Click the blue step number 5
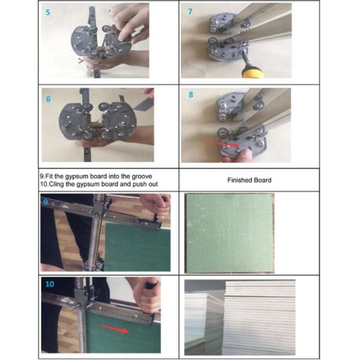(x=48, y=12)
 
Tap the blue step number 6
(x=48, y=99)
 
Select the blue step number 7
(x=190, y=11)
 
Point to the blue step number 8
(x=191, y=95)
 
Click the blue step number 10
(x=50, y=284)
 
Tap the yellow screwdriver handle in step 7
(x=253, y=73)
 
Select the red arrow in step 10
(x=113, y=328)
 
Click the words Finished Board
(x=250, y=180)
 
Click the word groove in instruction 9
(x=142, y=176)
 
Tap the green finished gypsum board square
(x=229, y=233)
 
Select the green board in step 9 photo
(x=138, y=247)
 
